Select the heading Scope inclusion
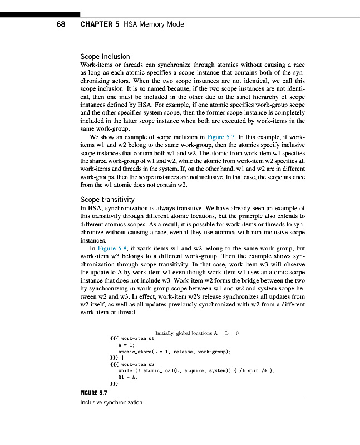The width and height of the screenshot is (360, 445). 105,57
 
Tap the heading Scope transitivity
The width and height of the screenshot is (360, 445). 108,199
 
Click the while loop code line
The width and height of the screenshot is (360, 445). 198,369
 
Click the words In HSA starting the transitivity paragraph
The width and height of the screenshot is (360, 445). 91,207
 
